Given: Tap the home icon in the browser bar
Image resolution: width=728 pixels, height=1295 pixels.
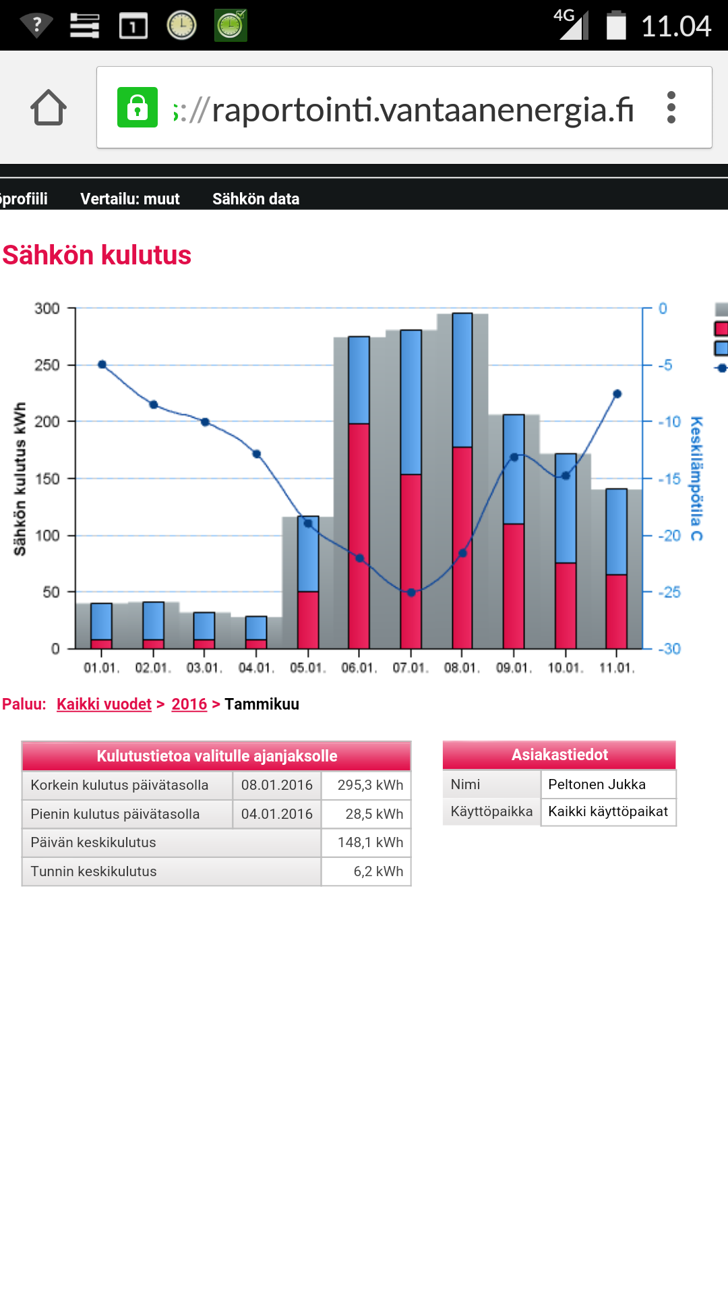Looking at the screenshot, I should pos(49,108).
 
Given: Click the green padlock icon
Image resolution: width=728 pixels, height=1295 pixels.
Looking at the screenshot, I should pos(138,107).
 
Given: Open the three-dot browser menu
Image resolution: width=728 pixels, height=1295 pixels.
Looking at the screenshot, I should pos(671,107).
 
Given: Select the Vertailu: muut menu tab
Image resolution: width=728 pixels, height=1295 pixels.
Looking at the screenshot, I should pos(130,199).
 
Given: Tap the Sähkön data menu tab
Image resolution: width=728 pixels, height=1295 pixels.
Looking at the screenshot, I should pos(255,199).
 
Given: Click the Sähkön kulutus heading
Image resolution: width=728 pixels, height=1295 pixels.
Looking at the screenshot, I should pos(97,256).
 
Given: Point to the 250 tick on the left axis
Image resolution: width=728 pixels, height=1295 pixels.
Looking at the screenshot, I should pos(47,365).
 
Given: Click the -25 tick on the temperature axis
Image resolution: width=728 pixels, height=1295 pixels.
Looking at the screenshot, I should pos(669,592).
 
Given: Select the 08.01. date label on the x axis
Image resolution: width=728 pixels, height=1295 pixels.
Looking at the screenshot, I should pos(462,668).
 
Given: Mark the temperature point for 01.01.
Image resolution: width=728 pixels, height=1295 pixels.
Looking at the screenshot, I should pos(102,364).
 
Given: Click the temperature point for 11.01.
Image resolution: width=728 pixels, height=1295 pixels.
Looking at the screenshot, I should pos(617,394).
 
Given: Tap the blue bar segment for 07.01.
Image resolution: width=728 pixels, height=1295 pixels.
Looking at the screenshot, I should pos(411,402).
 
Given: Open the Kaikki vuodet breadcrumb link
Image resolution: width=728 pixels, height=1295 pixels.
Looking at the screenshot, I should pos(104,704).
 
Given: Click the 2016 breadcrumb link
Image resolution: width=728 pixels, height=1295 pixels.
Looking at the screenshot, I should pos(189,704).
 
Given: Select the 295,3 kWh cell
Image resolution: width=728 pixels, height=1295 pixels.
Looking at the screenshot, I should pos(370,785).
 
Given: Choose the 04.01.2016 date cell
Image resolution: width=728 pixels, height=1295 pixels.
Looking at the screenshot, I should pos(277,814).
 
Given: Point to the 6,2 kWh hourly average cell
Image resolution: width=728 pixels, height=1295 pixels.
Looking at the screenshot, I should pos(378,871).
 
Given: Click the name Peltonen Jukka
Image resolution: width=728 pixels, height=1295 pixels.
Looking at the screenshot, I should pos(597,784).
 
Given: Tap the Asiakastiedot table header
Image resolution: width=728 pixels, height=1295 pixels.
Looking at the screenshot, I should pos(559,755).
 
